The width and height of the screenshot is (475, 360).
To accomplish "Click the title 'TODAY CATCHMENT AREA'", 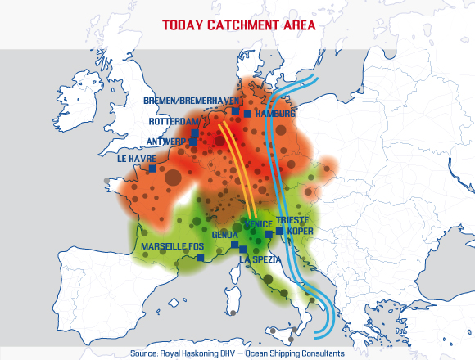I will pos(238,25).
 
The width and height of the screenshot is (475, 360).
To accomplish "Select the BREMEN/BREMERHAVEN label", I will pos(187,101).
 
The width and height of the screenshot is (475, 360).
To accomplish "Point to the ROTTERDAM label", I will pos(174,121).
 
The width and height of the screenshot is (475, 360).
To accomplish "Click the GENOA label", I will pos(224,234).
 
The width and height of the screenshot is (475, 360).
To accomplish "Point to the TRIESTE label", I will pos(292,220).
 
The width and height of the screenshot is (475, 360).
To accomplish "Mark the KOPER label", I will pos(300,231).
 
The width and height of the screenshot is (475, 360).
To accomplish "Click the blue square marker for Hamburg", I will pos(251,114).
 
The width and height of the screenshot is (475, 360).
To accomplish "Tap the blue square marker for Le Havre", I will pos(152,169).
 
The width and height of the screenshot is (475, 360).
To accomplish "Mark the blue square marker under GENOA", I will pos(235,244).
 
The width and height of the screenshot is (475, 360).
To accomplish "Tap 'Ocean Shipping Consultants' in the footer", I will pos(292,353).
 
